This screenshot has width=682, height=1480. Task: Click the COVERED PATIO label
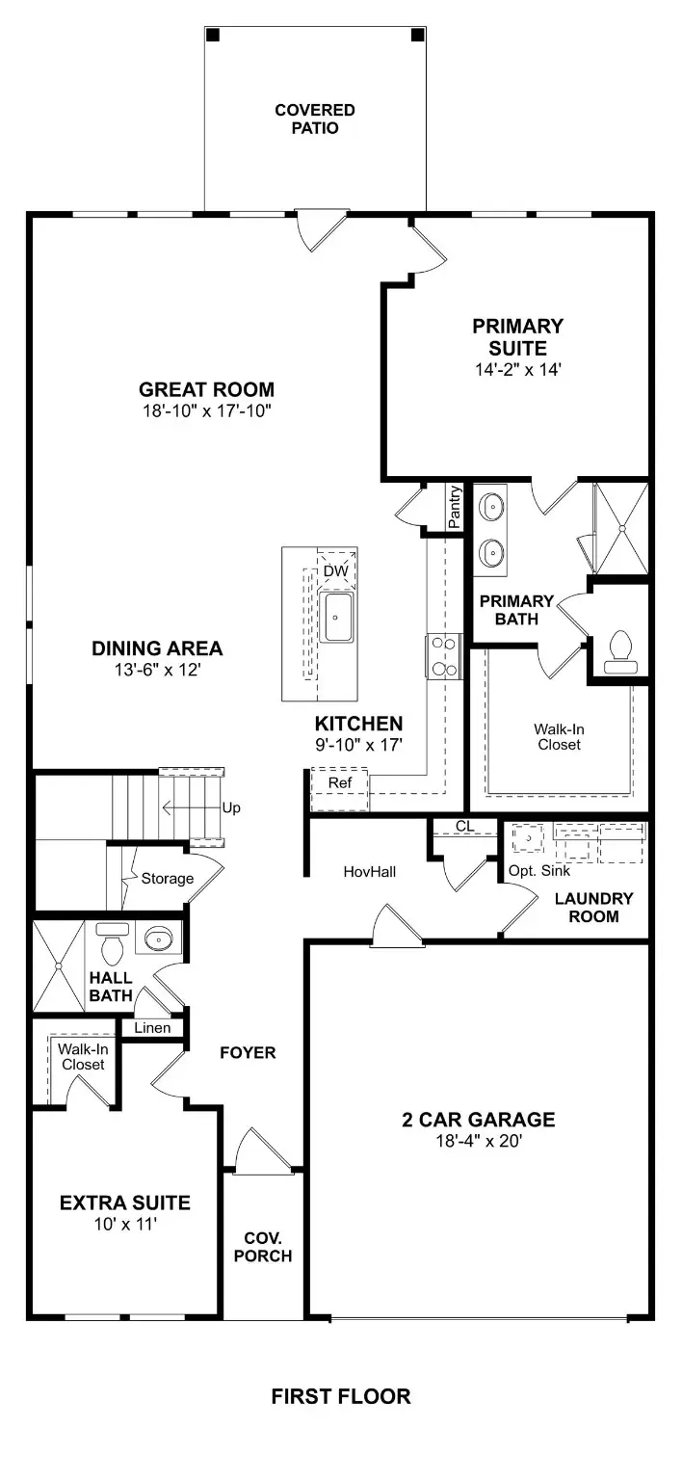(314, 119)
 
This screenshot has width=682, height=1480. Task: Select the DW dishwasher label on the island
(334, 571)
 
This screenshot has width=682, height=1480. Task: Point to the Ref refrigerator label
(339, 782)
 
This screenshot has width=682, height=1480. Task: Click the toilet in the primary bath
(618, 651)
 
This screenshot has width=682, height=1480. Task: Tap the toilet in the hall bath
(113, 946)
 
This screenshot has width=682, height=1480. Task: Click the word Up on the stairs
(231, 807)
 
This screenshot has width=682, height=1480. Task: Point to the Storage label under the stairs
(167, 878)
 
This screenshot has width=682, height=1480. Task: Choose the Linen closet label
(152, 1028)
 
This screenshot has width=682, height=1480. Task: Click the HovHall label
(370, 871)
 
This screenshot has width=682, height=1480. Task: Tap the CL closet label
(465, 826)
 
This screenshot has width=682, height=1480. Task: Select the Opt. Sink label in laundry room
(539, 870)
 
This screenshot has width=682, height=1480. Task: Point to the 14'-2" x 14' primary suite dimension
(516, 368)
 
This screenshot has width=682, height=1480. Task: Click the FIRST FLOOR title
(340, 1396)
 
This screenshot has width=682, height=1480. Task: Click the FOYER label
(248, 1052)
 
